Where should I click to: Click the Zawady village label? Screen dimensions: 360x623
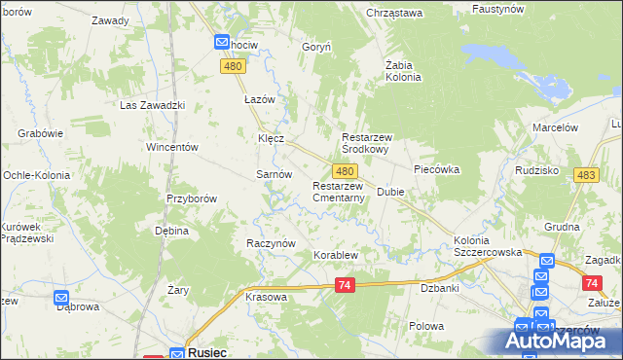point(110,20)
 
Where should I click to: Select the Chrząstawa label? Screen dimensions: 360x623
point(394,13)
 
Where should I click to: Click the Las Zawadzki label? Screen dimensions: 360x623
point(152,105)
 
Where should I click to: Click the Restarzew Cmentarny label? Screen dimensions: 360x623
point(338,192)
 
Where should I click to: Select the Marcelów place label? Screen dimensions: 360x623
point(556,127)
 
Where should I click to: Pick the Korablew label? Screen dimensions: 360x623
point(336,256)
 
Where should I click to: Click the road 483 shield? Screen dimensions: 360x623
point(586,174)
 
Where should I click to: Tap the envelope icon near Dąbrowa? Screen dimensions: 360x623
point(61,300)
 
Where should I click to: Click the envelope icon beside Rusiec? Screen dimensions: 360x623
point(176,354)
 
